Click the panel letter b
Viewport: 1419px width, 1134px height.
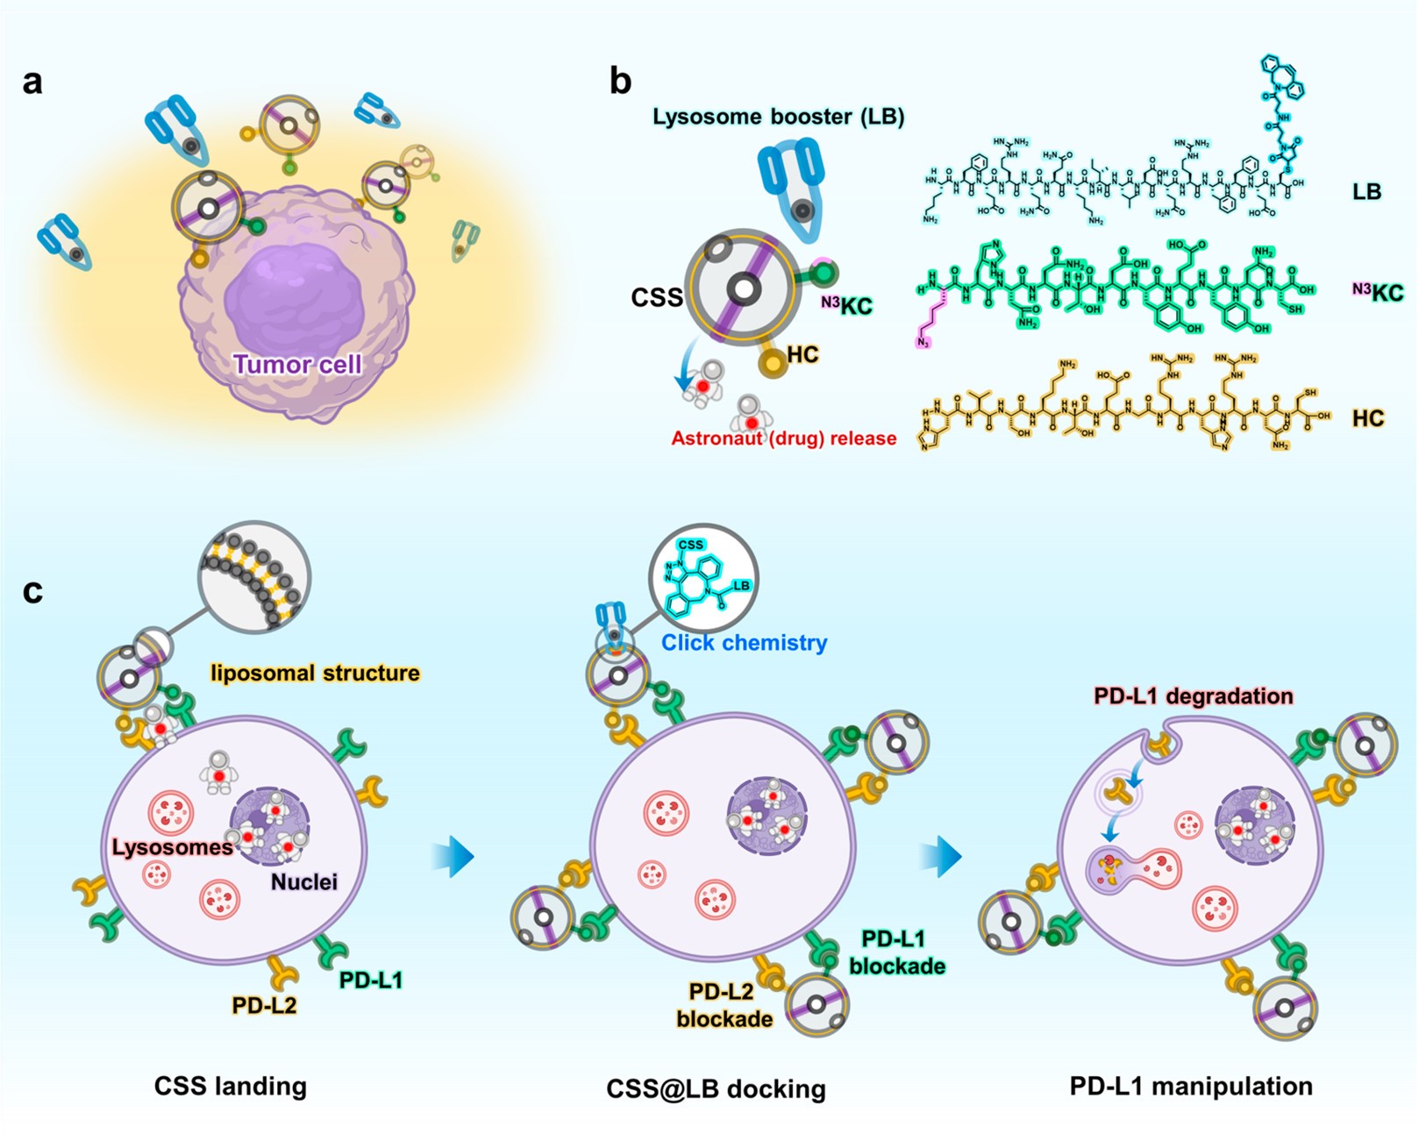coord(620,82)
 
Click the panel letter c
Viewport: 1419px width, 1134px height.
coord(32,591)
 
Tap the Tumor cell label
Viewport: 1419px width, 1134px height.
coord(297,364)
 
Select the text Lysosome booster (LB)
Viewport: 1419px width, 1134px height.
coord(778,117)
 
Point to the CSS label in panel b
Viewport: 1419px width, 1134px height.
coord(657,298)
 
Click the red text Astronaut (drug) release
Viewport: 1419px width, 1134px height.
coord(784,439)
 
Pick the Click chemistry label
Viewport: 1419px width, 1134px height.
coord(744,643)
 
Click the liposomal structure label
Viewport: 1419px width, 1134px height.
coord(315,673)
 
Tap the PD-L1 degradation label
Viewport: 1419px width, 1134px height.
coord(1193,696)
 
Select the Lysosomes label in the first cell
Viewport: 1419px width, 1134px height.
coord(172,847)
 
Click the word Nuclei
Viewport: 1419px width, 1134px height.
coord(303,881)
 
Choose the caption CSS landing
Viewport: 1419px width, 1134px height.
coord(231,1086)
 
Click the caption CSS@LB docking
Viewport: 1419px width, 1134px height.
coord(716,1089)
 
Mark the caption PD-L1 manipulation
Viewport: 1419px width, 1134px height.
coord(1191,1086)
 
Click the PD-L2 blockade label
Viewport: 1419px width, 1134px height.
coord(724,1005)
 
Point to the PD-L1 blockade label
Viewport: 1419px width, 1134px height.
coord(895,952)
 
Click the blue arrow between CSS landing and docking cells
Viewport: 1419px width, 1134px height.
coord(453,856)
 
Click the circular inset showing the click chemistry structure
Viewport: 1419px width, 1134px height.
coord(703,579)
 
